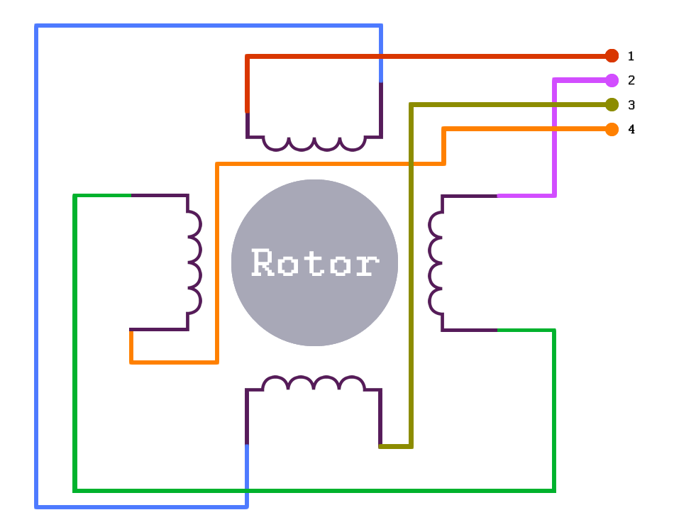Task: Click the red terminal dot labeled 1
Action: (612, 55)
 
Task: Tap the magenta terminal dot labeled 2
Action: (612, 80)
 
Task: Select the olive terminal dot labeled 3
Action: (612, 104)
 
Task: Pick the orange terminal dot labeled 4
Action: (612, 129)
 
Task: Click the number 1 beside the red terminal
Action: (631, 56)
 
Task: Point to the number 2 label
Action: (631, 80)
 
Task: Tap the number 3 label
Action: (631, 105)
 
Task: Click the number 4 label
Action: (631, 129)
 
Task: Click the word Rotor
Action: (315, 262)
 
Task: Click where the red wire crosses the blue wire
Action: (381, 56)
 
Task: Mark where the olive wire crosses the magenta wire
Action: (555, 104)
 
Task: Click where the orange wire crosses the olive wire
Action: (411, 164)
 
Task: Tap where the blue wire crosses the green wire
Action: (247, 490)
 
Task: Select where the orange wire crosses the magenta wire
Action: (555, 129)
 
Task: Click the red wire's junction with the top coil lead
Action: (247, 113)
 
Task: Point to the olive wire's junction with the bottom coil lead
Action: (380, 445)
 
